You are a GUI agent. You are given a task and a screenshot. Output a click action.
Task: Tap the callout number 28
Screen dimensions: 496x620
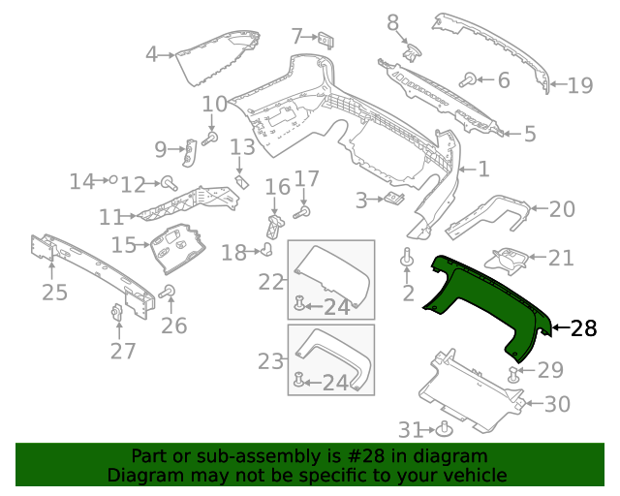(584, 328)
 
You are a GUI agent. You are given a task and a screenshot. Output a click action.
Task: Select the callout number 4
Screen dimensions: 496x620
(151, 54)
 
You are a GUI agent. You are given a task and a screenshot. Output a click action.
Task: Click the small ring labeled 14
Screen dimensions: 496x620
(114, 180)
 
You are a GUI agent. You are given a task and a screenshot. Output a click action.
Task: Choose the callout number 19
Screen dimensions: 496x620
(580, 85)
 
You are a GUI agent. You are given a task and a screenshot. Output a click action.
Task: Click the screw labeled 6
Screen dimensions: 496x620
(469, 79)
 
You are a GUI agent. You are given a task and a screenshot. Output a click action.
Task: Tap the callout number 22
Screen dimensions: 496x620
(272, 282)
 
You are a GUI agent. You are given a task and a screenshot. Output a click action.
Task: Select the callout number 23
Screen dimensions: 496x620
(272, 361)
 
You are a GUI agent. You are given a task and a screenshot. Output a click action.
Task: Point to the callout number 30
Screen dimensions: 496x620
(557, 404)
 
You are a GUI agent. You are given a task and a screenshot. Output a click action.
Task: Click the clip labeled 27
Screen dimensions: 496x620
(114, 312)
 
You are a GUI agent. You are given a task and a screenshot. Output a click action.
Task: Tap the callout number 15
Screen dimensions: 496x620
(124, 244)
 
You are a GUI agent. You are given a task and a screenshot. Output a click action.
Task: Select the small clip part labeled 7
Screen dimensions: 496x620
(325, 40)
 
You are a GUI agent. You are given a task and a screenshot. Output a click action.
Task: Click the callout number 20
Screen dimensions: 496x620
(562, 208)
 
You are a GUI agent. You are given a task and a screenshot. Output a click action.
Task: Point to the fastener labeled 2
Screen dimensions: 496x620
(408, 259)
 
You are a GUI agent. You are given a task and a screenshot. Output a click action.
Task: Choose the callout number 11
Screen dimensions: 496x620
(111, 216)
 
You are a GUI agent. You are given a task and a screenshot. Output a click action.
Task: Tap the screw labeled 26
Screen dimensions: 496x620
(168, 292)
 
